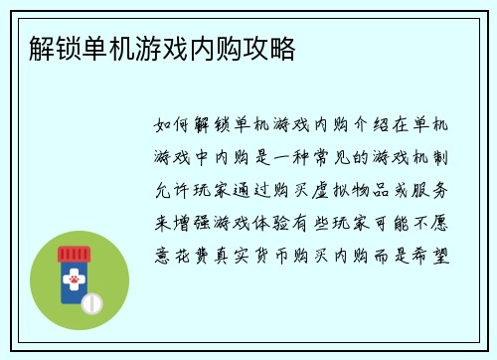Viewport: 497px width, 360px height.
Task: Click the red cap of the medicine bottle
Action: [73, 255]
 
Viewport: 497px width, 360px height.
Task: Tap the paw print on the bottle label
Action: [73, 280]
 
